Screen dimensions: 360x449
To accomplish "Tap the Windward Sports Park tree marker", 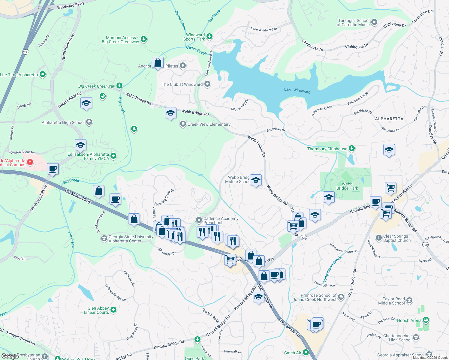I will click(x=209, y=37).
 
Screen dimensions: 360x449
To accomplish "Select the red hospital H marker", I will click(x=30, y=162).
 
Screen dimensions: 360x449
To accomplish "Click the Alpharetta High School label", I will click(x=63, y=122).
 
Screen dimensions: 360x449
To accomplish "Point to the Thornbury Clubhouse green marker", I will click(x=352, y=148).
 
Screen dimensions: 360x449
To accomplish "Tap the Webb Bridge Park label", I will click(x=347, y=186).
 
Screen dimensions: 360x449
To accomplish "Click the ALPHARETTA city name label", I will click(x=389, y=119).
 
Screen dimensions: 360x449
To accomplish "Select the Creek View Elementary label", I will click(x=209, y=124).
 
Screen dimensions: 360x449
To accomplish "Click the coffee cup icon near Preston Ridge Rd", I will click(x=53, y=169).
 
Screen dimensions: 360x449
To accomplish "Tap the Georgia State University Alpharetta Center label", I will click(x=131, y=239).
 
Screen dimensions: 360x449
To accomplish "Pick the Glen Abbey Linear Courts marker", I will click(x=113, y=310).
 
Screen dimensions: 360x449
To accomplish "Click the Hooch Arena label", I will click(x=409, y=320).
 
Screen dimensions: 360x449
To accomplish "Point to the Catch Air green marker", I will click(x=306, y=352).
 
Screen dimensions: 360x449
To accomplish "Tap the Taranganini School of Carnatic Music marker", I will click(x=374, y=22).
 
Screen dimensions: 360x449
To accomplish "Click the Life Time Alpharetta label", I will click(x=19, y=75).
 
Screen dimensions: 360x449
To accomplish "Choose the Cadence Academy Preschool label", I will click(x=221, y=220).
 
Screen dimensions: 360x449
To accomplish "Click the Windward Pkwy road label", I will click(x=71, y=5).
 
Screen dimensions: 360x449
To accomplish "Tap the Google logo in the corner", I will click(x=10, y=356).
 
